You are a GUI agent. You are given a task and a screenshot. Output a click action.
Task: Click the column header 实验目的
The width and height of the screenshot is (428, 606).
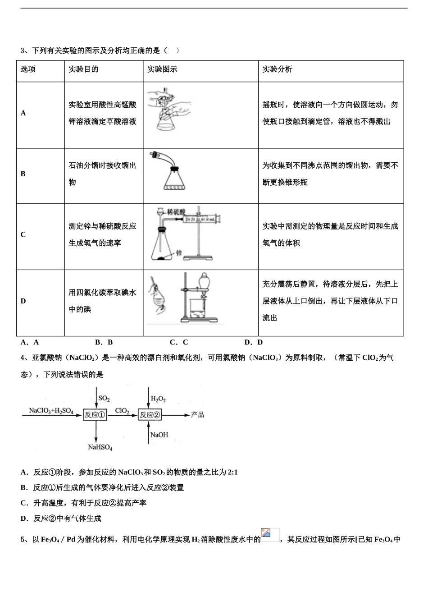pos(83,69)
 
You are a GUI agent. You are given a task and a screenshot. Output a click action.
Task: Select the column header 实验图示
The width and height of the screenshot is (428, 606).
pos(162,69)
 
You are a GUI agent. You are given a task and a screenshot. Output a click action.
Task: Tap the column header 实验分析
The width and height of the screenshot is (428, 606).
pos(278,69)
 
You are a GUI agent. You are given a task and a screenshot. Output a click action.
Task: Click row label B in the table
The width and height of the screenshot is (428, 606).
pos(23,174)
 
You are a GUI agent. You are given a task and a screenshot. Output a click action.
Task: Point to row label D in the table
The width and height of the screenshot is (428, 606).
pos(23,301)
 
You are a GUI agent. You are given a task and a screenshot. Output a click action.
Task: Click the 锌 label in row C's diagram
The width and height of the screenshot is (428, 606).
pos(178,253)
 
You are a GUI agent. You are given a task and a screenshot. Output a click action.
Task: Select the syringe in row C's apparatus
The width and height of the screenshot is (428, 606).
pos(201,220)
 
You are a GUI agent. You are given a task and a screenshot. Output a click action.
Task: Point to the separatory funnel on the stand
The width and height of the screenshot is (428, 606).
pos(205,283)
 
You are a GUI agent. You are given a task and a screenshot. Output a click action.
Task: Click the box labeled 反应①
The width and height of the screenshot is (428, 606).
pos(95,415)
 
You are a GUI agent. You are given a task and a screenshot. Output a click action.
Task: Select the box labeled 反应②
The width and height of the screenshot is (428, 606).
pos(150,415)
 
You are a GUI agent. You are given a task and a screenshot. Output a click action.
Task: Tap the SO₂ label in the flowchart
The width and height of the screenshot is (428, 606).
pos(104,399)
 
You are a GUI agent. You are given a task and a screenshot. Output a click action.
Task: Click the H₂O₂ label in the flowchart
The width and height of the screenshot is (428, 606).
pos(158,399)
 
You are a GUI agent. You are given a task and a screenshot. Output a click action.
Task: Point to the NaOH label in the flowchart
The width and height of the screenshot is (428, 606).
pos(159,435)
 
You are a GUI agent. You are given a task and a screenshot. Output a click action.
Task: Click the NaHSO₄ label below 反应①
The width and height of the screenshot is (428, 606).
pos(100,447)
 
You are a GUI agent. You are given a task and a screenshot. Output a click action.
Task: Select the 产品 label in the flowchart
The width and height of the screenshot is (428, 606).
pos(197,414)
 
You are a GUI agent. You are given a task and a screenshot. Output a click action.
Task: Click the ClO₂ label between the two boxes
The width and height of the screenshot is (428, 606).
pos(122,411)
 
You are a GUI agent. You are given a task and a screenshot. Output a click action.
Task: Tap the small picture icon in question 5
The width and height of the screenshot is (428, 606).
pos(270,535)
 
